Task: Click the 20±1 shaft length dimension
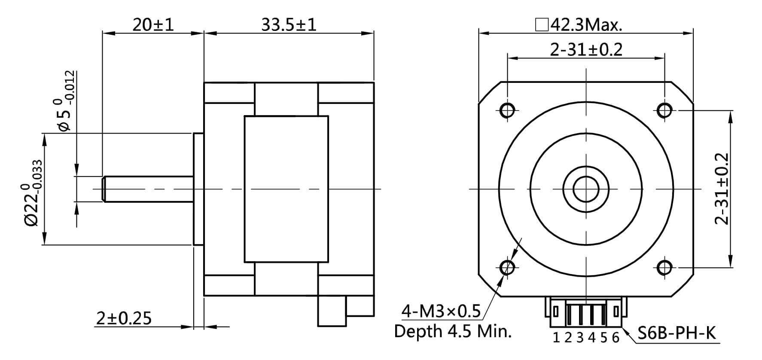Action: [x=153, y=24]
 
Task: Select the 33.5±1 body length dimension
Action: [x=289, y=24]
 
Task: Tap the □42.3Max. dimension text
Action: [x=579, y=25]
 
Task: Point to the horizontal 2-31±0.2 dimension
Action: [x=586, y=50]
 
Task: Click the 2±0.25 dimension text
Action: [x=124, y=318]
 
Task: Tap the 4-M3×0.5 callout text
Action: [x=441, y=311]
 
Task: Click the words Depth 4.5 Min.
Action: [x=453, y=331]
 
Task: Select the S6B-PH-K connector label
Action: [x=676, y=333]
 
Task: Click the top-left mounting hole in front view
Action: [x=507, y=110]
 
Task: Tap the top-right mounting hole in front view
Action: [x=664, y=110]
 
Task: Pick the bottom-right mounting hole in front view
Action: [x=664, y=268]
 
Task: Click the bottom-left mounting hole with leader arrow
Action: [x=508, y=268]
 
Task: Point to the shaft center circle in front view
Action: [x=586, y=189]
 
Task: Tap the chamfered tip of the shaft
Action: [x=104, y=189]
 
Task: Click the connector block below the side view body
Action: [x=332, y=311]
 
